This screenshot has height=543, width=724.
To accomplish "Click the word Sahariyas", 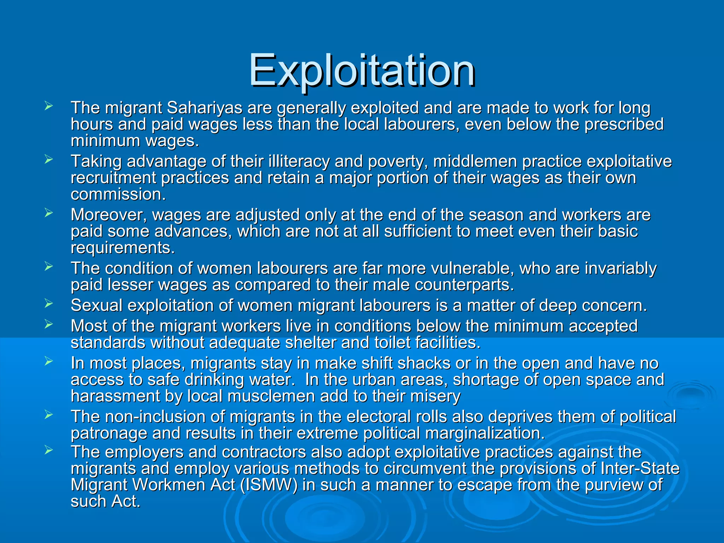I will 204,108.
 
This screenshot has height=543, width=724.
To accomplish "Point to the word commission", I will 118,194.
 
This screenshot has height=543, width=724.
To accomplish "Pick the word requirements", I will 123,248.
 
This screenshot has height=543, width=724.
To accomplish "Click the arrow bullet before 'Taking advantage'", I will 49,159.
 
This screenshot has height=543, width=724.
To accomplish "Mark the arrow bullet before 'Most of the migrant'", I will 49,324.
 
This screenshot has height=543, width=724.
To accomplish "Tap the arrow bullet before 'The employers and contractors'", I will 49,450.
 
